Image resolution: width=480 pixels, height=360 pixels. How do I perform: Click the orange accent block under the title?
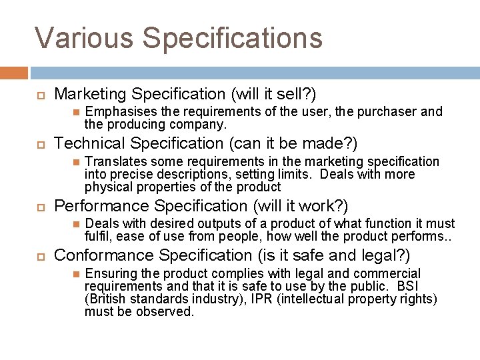[x=14, y=73]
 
